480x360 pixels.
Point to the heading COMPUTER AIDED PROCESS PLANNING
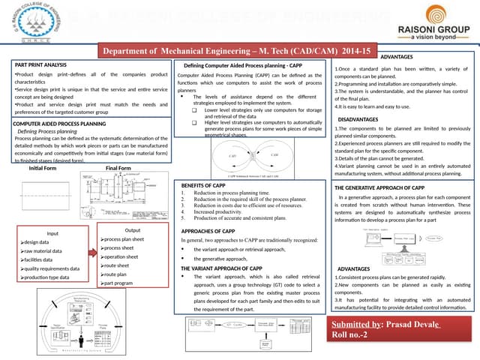point(59,121)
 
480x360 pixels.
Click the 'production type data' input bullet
point(48,277)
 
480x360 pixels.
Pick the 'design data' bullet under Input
point(37,242)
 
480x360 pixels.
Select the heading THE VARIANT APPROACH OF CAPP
point(222,268)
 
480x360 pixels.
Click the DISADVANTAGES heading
point(358,119)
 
